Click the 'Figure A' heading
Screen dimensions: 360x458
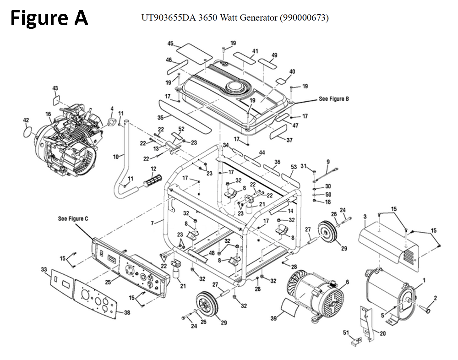49,18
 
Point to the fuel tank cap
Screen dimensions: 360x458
236,86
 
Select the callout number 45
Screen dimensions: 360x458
170,44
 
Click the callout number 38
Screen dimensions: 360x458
127,313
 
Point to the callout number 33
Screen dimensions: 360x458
44,270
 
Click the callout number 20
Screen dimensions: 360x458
383,333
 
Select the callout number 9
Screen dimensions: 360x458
328,161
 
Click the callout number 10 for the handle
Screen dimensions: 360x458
116,157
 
